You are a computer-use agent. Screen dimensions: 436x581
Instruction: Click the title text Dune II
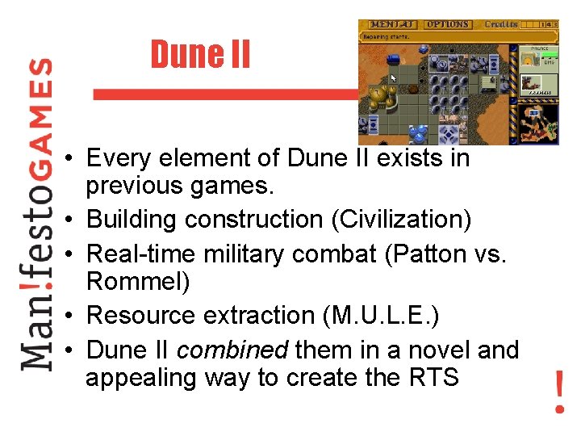pos(200,55)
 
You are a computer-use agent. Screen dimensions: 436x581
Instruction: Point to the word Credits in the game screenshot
pos(501,25)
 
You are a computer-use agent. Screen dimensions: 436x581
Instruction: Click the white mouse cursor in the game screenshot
pos(393,78)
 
